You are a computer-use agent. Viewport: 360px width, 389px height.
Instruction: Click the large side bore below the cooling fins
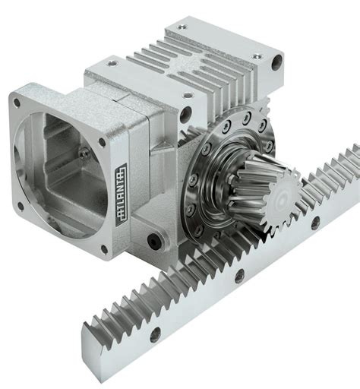click(185, 115)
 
